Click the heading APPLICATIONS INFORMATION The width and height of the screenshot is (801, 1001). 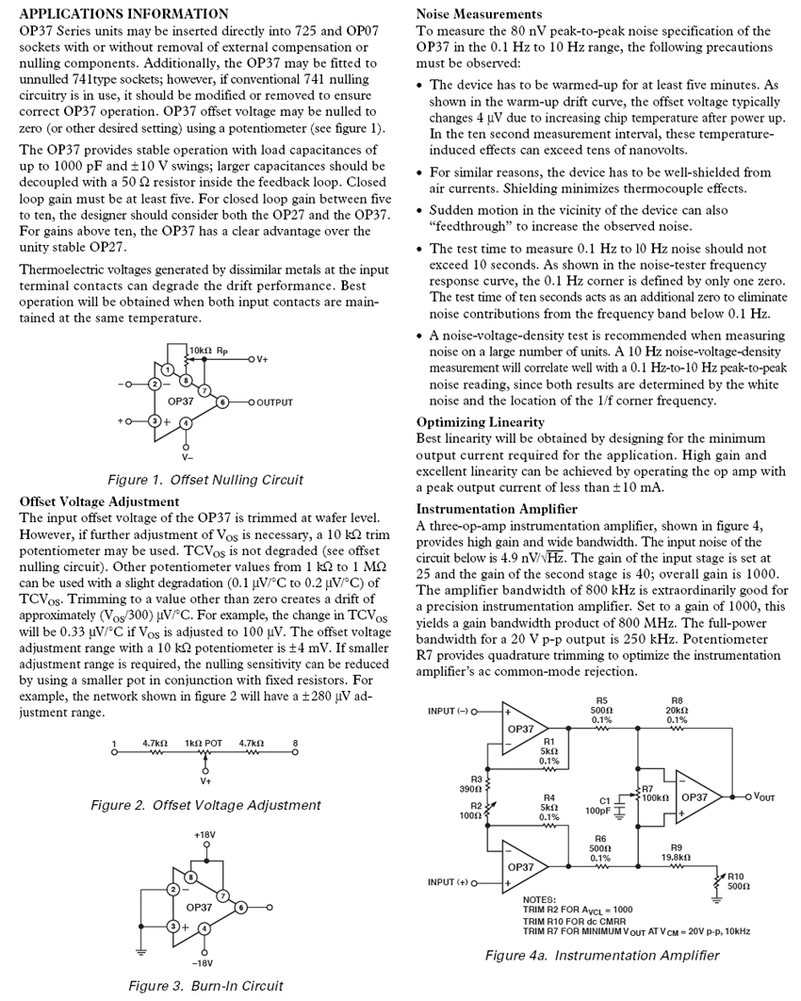[x=123, y=14]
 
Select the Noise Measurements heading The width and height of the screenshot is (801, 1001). [x=479, y=14]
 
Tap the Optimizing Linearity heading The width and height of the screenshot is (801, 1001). [x=481, y=423]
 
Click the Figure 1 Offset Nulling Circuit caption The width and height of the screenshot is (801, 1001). [x=205, y=480]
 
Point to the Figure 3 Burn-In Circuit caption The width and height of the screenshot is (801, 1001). [x=205, y=986]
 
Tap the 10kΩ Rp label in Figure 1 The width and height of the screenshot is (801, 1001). [x=209, y=350]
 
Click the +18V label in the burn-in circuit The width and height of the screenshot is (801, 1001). [x=205, y=835]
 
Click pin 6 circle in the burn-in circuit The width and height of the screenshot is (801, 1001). [x=241, y=907]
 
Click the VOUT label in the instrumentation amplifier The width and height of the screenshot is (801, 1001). [x=760, y=797]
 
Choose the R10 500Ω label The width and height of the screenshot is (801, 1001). [x=738, y=881]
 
